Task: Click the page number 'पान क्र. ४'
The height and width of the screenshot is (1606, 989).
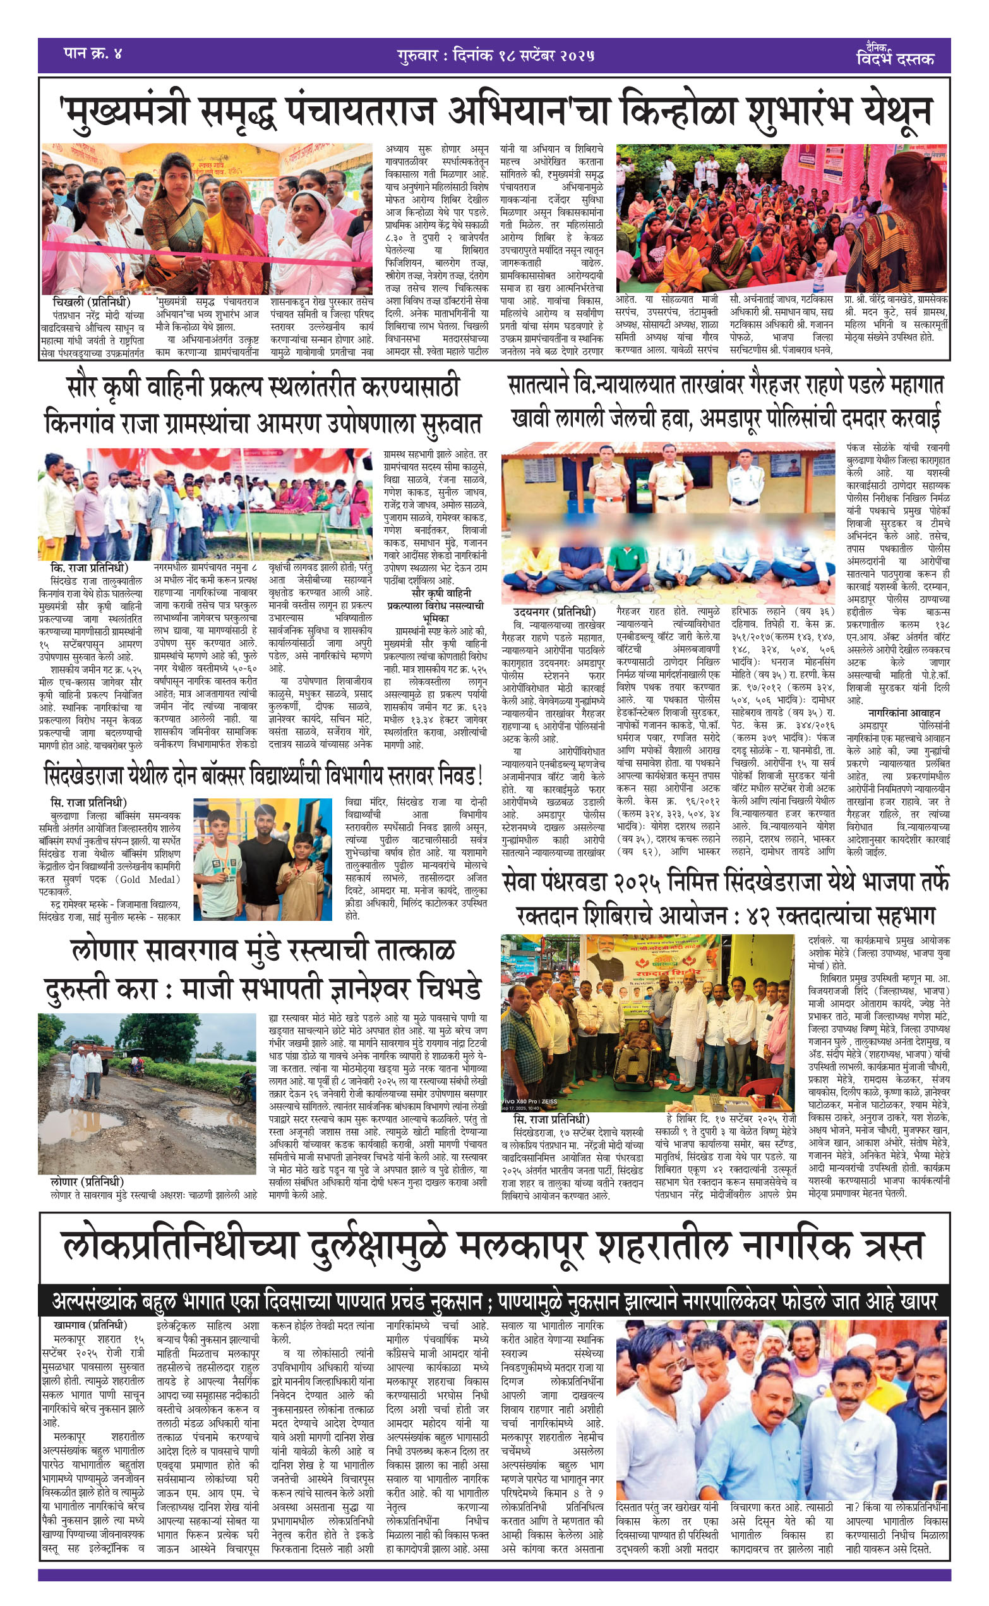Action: click(x=92, y=53)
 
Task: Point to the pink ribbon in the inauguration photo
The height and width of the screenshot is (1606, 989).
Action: click(x=196, y=253)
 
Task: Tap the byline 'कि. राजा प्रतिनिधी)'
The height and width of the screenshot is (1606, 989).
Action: click(x=89, y=568)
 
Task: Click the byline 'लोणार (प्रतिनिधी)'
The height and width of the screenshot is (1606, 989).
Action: click(x=87, y=1182)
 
